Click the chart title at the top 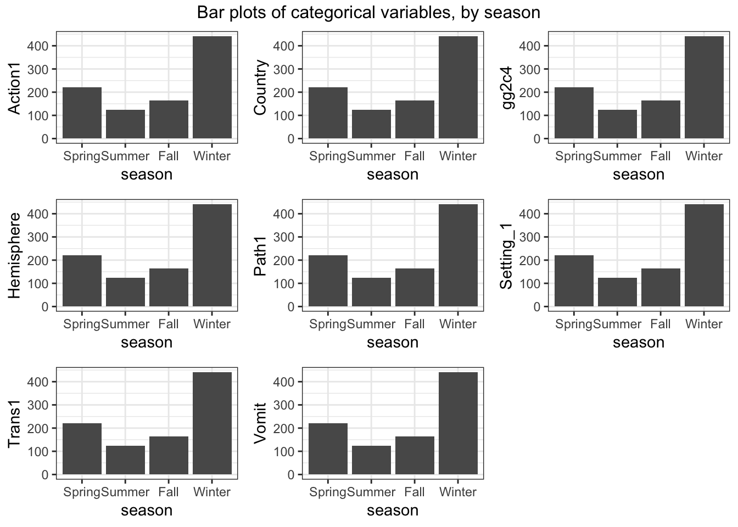click(368, 12)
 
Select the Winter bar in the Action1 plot click(212, 88)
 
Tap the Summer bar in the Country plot click(371, 125)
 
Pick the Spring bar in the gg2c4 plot click(574, 113)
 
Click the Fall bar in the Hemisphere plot click(169, 288)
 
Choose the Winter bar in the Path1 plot click(458, 256)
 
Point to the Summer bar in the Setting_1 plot click(617, 293)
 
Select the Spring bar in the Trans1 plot click(82, 449)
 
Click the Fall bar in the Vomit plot click(415, 456)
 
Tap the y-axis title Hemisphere click(15, 256)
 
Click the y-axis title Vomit click(261, 423)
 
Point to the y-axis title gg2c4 click(507, 88)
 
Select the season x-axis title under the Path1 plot click(393, 343)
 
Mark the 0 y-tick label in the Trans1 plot click(45, 475)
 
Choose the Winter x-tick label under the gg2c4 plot click(704, 156)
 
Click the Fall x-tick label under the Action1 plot click(169, 156)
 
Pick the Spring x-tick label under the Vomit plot click(328, 492)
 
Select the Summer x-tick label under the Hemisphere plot click(126, 324)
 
